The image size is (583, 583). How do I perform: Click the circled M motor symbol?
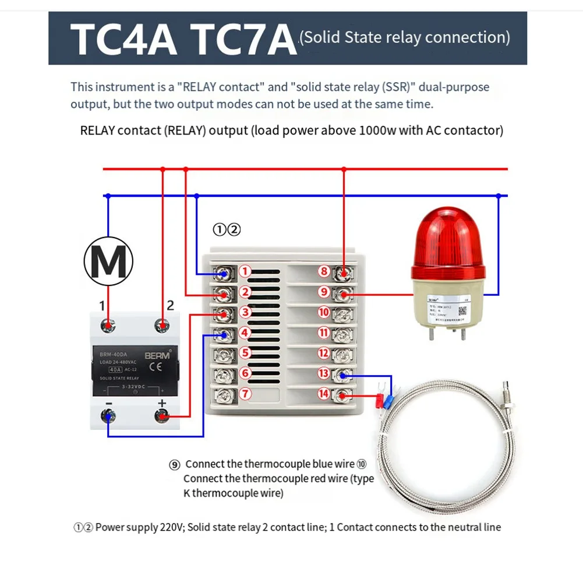coord(108,262)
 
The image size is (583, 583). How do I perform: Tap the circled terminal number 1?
coord(245,271)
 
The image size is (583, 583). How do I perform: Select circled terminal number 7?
coord(245,394)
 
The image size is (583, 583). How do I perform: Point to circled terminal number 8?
coord(324,271)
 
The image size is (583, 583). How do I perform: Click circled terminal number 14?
coord(324,394)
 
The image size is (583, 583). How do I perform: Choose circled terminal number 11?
coord(324,333)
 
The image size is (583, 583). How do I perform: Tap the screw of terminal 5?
coord(224,353)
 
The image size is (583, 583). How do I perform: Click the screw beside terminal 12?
coord(344,353)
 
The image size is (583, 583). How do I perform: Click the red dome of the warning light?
coord(448,239)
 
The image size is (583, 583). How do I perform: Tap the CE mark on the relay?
coord(156,367)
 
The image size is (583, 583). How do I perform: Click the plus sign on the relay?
coord(162,403)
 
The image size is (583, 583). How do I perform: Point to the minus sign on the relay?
coord(108,403)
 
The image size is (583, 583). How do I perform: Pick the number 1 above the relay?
coord(103,305)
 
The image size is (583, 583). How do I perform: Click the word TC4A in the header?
coord(125,39)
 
